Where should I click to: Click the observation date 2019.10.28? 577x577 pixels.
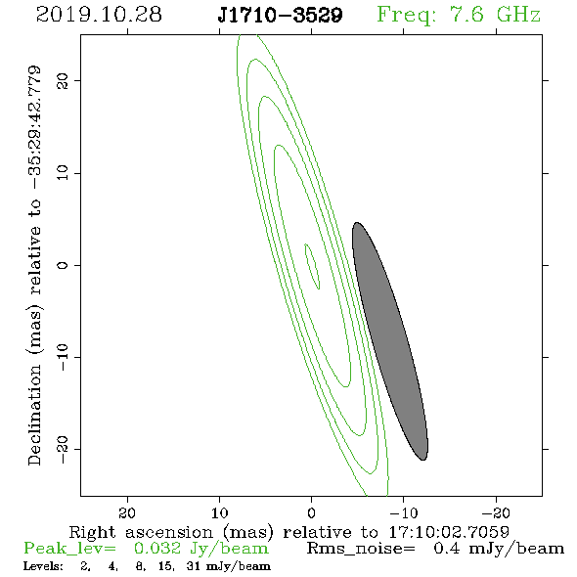[x=99, y=15]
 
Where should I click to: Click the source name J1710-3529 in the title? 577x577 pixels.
[x=280, y=16]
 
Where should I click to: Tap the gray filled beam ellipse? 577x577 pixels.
[x=390, y=341]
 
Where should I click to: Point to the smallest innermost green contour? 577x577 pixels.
[x=312, y=266]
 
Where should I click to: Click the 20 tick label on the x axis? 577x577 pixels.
[x=127, y=512]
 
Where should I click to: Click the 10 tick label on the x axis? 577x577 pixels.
[x=219, y=512]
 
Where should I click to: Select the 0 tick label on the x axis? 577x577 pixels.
[x=311, y=512]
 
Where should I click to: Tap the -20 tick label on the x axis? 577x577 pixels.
[x=496, y=512]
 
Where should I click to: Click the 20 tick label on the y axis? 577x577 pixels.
[x=63, y=80]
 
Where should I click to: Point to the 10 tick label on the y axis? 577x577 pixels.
[x=63, y=172]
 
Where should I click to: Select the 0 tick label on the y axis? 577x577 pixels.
[x=63, y=265]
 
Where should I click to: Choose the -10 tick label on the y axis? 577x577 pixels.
[x=63, y=357]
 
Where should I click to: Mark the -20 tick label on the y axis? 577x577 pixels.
[x=63, y=450]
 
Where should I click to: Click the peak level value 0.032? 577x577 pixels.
[x=157, y=549]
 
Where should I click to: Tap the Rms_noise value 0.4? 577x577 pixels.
[x=446, y=549]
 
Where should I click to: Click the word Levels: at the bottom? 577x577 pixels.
[x=43, y=566]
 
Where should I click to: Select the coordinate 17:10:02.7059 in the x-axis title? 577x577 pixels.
[x=449, y=532]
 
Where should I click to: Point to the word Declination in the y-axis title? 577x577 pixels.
[x=34, y=415]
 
